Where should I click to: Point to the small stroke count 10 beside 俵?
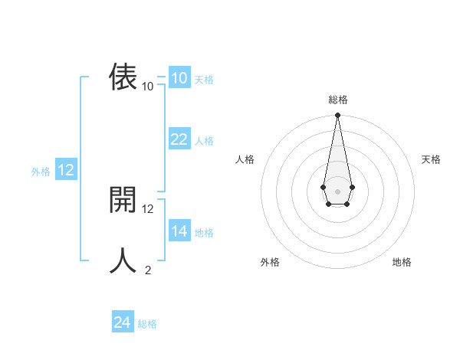coord(148,87)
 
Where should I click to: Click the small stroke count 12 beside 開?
coord(148,208)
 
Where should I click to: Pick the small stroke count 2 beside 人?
coord(148,270)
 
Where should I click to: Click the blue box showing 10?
coord(179,78)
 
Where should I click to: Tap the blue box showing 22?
coord(179,139)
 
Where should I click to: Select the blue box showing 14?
coord(179,231)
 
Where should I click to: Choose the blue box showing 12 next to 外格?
coord(66,170)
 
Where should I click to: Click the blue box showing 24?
coord(123,322)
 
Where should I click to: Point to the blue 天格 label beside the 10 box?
coord(204,80)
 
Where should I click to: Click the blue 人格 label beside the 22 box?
coord(204,141)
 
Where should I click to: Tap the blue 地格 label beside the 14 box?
coord(204,233)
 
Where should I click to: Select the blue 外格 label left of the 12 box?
coord(41,172)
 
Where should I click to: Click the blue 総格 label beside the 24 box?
coord(147,324)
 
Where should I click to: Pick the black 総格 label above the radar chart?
coord(337,100)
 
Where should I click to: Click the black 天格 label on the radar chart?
coord(432,159)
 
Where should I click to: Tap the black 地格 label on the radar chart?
coord(402,262)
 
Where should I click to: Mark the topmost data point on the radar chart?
coord(337,116)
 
